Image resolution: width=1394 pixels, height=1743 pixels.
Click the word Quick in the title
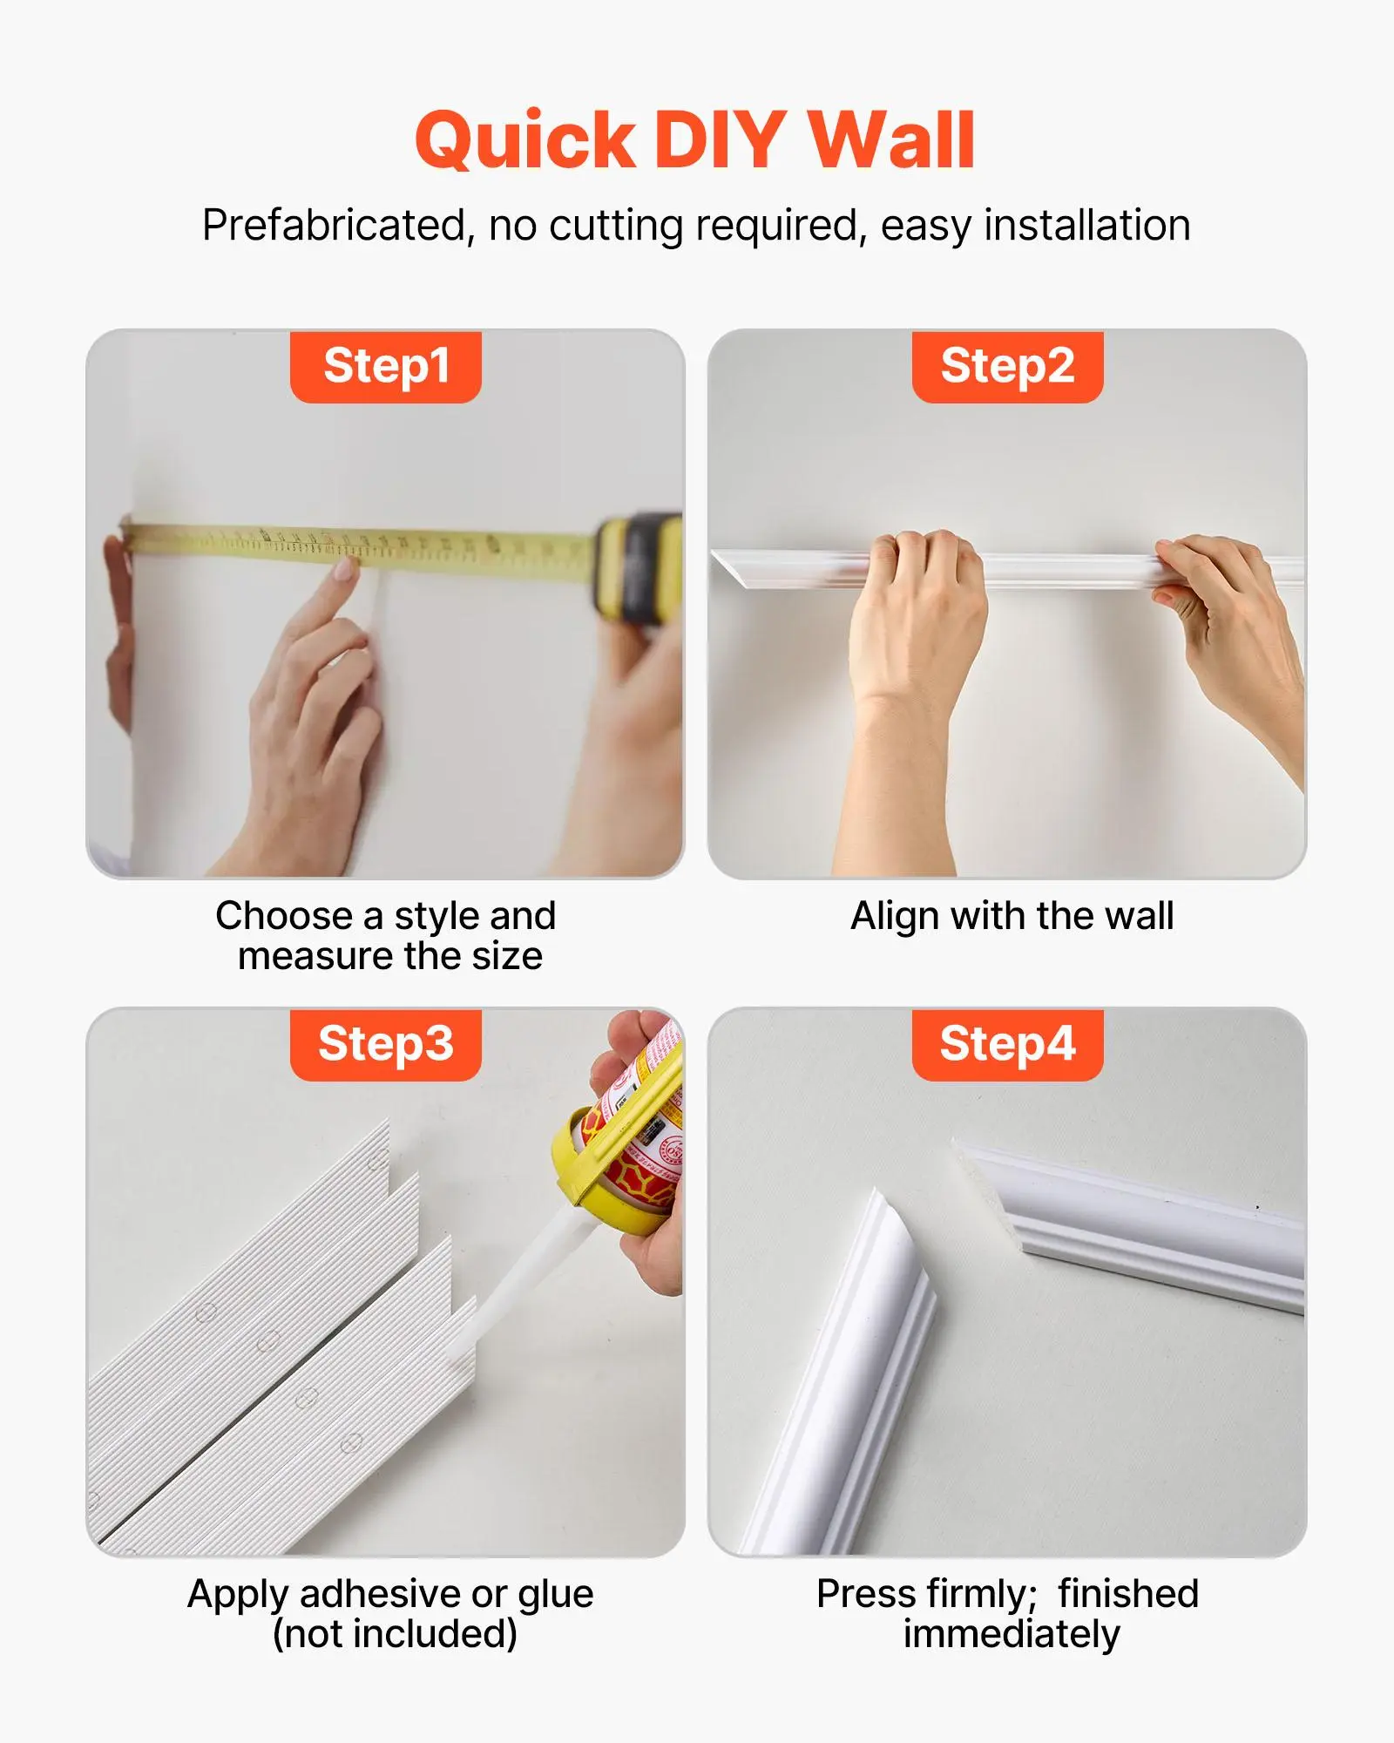click(x=525, y=141)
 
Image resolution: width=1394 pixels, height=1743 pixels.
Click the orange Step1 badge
click(x=386, y=366)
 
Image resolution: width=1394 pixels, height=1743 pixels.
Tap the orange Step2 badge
click(x=1007, y=366)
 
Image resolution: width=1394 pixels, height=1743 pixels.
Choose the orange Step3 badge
click(x=386, y=1044)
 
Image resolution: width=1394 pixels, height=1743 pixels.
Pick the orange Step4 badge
click(x=1007, y=1044)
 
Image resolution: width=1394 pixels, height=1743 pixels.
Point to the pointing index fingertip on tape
click(x=345, y=569)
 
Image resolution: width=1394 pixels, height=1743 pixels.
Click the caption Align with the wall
click(x=1012, y=916)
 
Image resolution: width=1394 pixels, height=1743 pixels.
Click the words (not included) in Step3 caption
click(x=395, y=1633)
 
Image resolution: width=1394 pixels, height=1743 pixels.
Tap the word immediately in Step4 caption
click(x=1011, y=1633)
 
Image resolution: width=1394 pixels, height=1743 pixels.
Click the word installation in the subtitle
click(x=1086, y=226)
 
